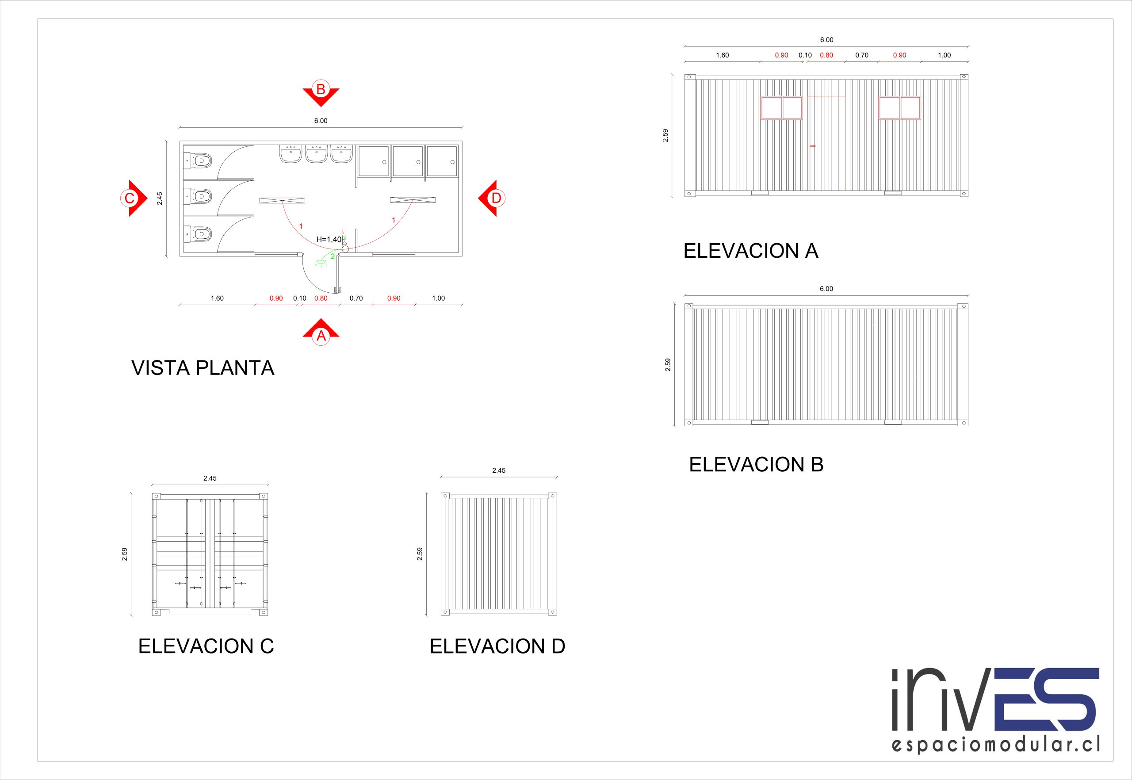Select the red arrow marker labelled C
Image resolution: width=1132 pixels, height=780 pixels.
[x=134, y=198]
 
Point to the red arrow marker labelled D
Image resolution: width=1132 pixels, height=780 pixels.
[x=492, y=198]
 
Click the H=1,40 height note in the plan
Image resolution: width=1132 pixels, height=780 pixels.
[x=329, y=240]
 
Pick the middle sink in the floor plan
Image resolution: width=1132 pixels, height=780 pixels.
[x=316, y=153]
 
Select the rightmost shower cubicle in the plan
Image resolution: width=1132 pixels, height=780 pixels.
[x=442, y=161]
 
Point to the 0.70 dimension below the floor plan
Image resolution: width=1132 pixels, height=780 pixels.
[x=356, y=298]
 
